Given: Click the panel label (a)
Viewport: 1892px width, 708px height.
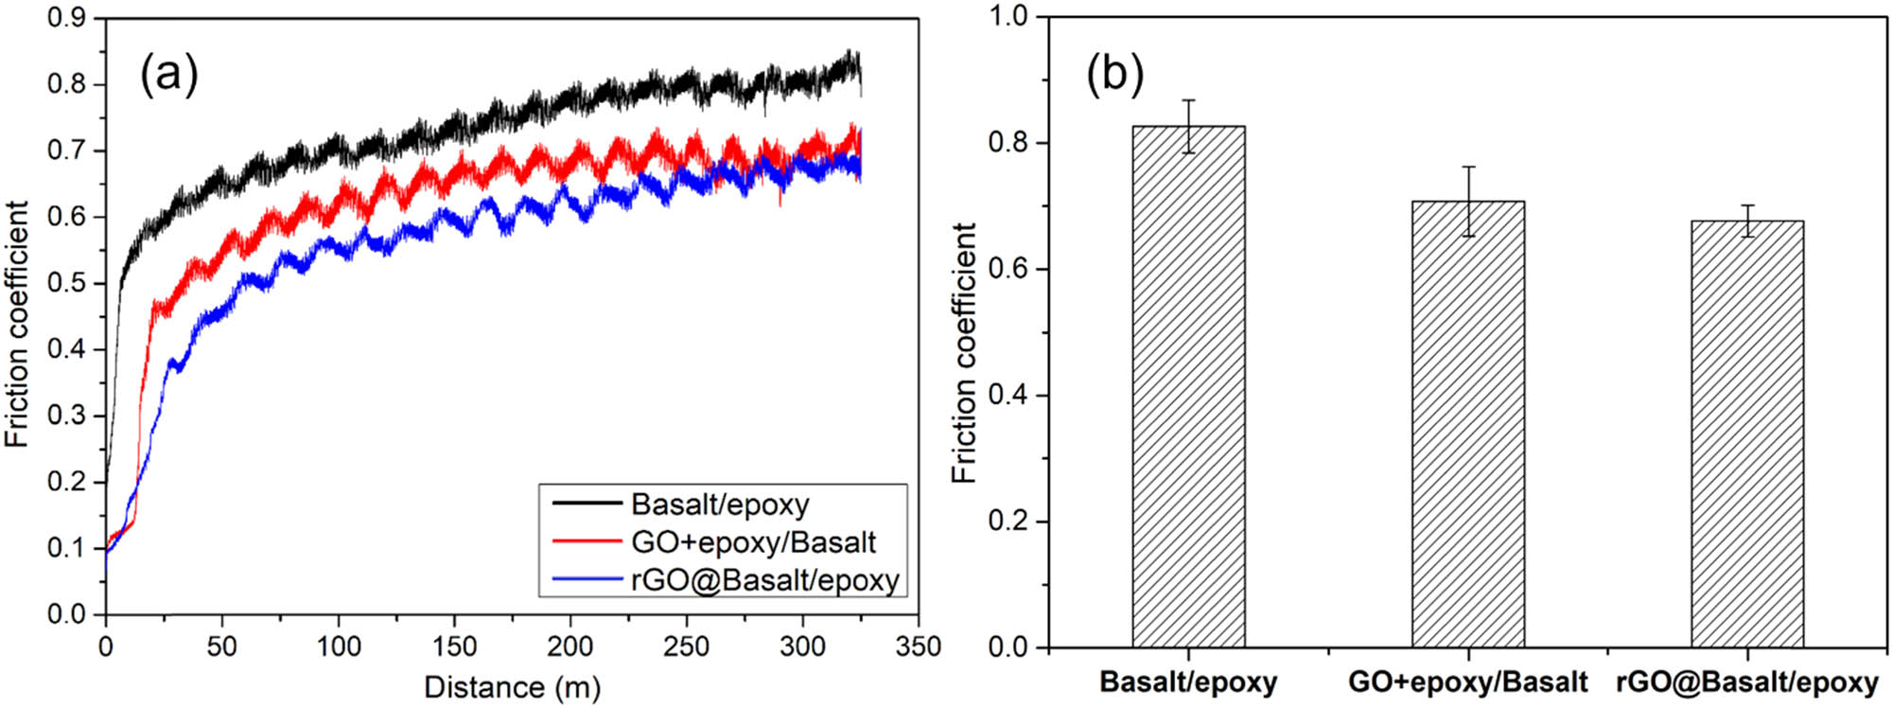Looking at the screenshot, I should tap(169, 74).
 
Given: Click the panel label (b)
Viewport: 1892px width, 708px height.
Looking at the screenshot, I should tap(1114, 74).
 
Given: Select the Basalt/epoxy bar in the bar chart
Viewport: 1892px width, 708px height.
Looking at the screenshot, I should tap(1188, 388).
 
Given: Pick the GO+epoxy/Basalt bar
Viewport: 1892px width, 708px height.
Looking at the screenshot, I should tap(1467, 426).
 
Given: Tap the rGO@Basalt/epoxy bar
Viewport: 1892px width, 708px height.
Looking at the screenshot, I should tap(1747, 435).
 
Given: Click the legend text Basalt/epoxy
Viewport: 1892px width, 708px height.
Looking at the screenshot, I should tap(720, 504).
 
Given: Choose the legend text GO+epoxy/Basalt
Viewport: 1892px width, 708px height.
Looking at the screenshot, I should tap(753, 542).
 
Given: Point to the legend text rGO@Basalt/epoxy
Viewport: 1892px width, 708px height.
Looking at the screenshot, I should tap(764, 579).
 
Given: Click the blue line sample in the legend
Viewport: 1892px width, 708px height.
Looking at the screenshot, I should tap(587, 579).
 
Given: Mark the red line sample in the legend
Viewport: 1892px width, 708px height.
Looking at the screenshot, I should tap(587, 542).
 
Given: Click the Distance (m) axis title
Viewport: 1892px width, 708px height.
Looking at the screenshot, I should tap(512, 687).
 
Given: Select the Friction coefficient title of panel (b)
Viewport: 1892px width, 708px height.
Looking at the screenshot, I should tap(964, 352).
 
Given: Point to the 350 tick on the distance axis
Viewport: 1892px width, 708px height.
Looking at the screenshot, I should tap(918, 647).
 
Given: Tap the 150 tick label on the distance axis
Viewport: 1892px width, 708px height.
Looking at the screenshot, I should tap(454, 647).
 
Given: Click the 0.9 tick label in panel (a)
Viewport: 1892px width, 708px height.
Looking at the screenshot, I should tap(66, 18).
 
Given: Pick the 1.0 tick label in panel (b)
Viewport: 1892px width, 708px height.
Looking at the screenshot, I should tap(1009, 17).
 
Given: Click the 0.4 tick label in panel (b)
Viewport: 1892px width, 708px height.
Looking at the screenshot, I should tap(1009, 396).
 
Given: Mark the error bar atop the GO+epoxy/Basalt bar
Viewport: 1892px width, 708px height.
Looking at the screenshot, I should tap(1468, 201).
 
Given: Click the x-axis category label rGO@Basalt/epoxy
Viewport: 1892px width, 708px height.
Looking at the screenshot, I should tap(1747, 682).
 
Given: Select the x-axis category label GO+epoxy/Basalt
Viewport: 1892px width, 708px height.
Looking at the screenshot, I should tap(1467, 682).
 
